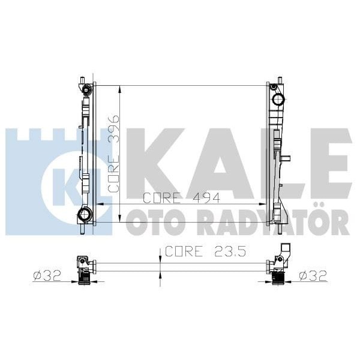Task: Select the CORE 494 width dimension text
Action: point(181,197)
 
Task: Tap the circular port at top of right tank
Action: point(278,100)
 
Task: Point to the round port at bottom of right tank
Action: point(279,214)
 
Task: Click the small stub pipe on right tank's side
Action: point(287,160)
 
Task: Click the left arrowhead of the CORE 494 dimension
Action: point(99,204)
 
